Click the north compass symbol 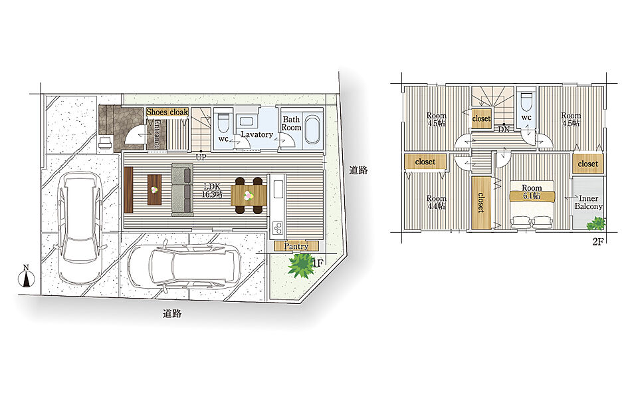[26, 276]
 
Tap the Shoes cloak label [167, 112]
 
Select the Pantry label [296, 246]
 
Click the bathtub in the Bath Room [312, 129]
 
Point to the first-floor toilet [223, 122]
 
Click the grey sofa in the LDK [182, 190]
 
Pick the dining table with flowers [249, 196]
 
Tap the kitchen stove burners [278, 227]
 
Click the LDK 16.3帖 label [213, 190]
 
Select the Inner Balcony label [588, 202]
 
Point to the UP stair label [201, 157]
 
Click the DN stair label [504, 130]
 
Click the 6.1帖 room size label [532, 196]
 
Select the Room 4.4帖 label [436, 202]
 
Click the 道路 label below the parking [172, 313]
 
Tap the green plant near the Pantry [300, 265]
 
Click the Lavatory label [257, 135]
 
